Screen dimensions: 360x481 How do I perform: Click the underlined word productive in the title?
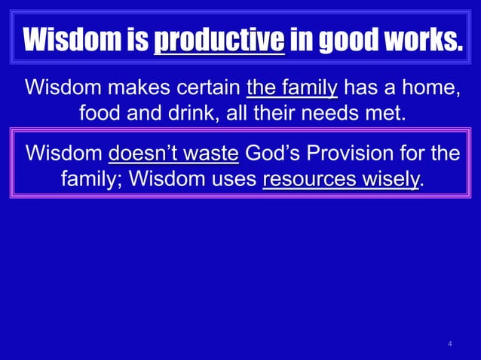[219, 39]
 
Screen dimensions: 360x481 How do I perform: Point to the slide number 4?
[450, 345]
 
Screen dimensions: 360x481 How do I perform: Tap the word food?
[103, 115]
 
